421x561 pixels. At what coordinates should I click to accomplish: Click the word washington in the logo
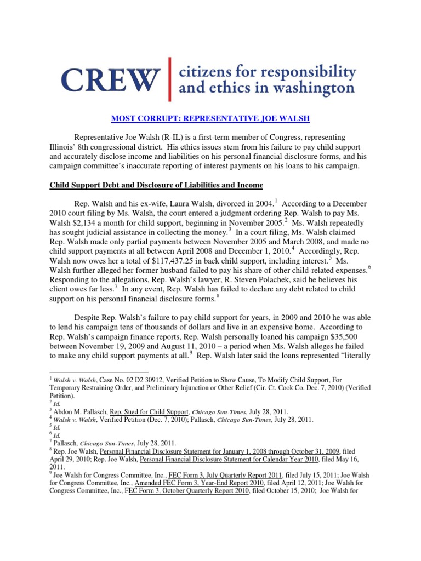[x=311, y=88]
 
